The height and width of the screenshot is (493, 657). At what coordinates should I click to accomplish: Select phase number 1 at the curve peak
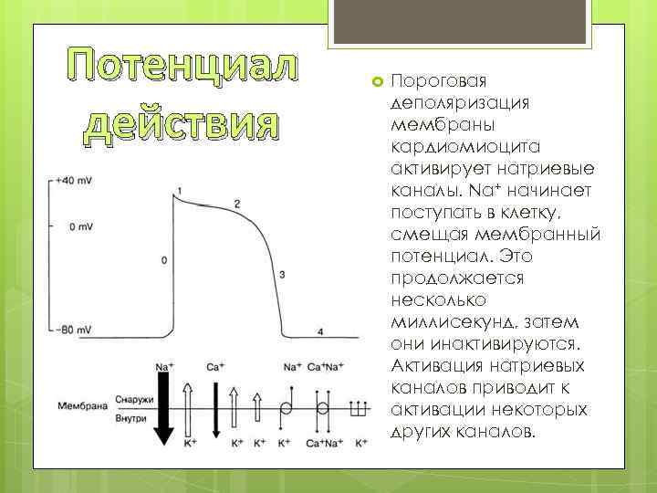pos(179,190)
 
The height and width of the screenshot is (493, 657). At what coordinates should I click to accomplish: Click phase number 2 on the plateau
pos(237,203)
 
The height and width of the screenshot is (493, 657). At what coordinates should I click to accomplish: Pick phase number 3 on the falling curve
pos(282,274)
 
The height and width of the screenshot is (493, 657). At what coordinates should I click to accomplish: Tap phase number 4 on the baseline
pos(319,330)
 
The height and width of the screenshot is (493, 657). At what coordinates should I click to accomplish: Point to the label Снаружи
pos(134,398)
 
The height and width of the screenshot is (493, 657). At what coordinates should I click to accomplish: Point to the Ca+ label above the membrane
pos(215,367)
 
